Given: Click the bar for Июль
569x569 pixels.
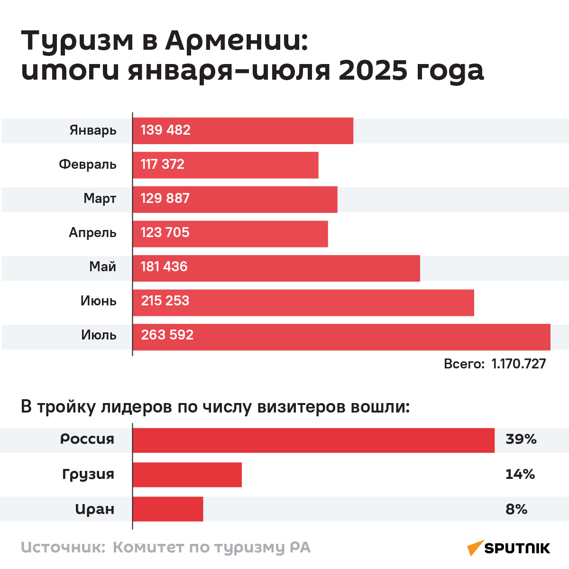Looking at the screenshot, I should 341,337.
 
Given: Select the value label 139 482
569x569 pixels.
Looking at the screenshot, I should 165,130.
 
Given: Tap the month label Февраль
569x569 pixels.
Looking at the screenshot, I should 88,165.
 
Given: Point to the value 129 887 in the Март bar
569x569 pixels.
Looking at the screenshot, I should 165,199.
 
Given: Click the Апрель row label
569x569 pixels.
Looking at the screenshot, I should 92,233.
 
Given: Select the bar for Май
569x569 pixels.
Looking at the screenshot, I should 276,268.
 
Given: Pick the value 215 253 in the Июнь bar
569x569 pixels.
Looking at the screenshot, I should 165,301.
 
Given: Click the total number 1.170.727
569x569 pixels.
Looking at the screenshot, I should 519,364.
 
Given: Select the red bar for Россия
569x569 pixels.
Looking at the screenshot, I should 313,441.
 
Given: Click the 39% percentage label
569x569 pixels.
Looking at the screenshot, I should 521,440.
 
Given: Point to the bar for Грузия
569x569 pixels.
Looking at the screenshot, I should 187,475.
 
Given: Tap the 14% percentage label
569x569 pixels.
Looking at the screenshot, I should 520,474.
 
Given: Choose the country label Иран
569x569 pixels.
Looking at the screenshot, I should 95,509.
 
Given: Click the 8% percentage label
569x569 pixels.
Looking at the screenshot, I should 516,509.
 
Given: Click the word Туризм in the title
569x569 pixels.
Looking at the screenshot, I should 78,41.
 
